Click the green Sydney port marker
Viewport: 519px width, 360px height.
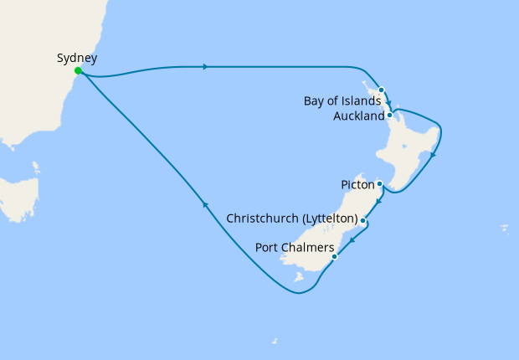click(x=78, y=71)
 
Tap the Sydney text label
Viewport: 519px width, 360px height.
click(x=77, y=58)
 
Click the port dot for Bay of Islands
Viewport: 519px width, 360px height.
click(x=381, y=90)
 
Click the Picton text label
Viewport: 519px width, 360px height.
click(x=357, y=183)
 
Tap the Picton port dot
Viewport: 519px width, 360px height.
click(x=379, y=183)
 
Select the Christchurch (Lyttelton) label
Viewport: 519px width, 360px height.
click(x=293, y=219)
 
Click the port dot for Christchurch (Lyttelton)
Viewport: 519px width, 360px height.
click(x=363, y=219)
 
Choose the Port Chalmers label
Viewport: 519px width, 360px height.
click(x=294, y=248)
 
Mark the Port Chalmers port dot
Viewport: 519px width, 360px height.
click(x=334, y=256)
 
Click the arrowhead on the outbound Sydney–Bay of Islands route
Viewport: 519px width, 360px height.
click(x=205, y=66)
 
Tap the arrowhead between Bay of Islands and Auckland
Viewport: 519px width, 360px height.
click(x=388, y=103)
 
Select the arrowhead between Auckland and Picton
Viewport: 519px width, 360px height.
click(x=432, y=155)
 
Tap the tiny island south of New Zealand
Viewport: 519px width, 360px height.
click(x=275, y=341)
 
